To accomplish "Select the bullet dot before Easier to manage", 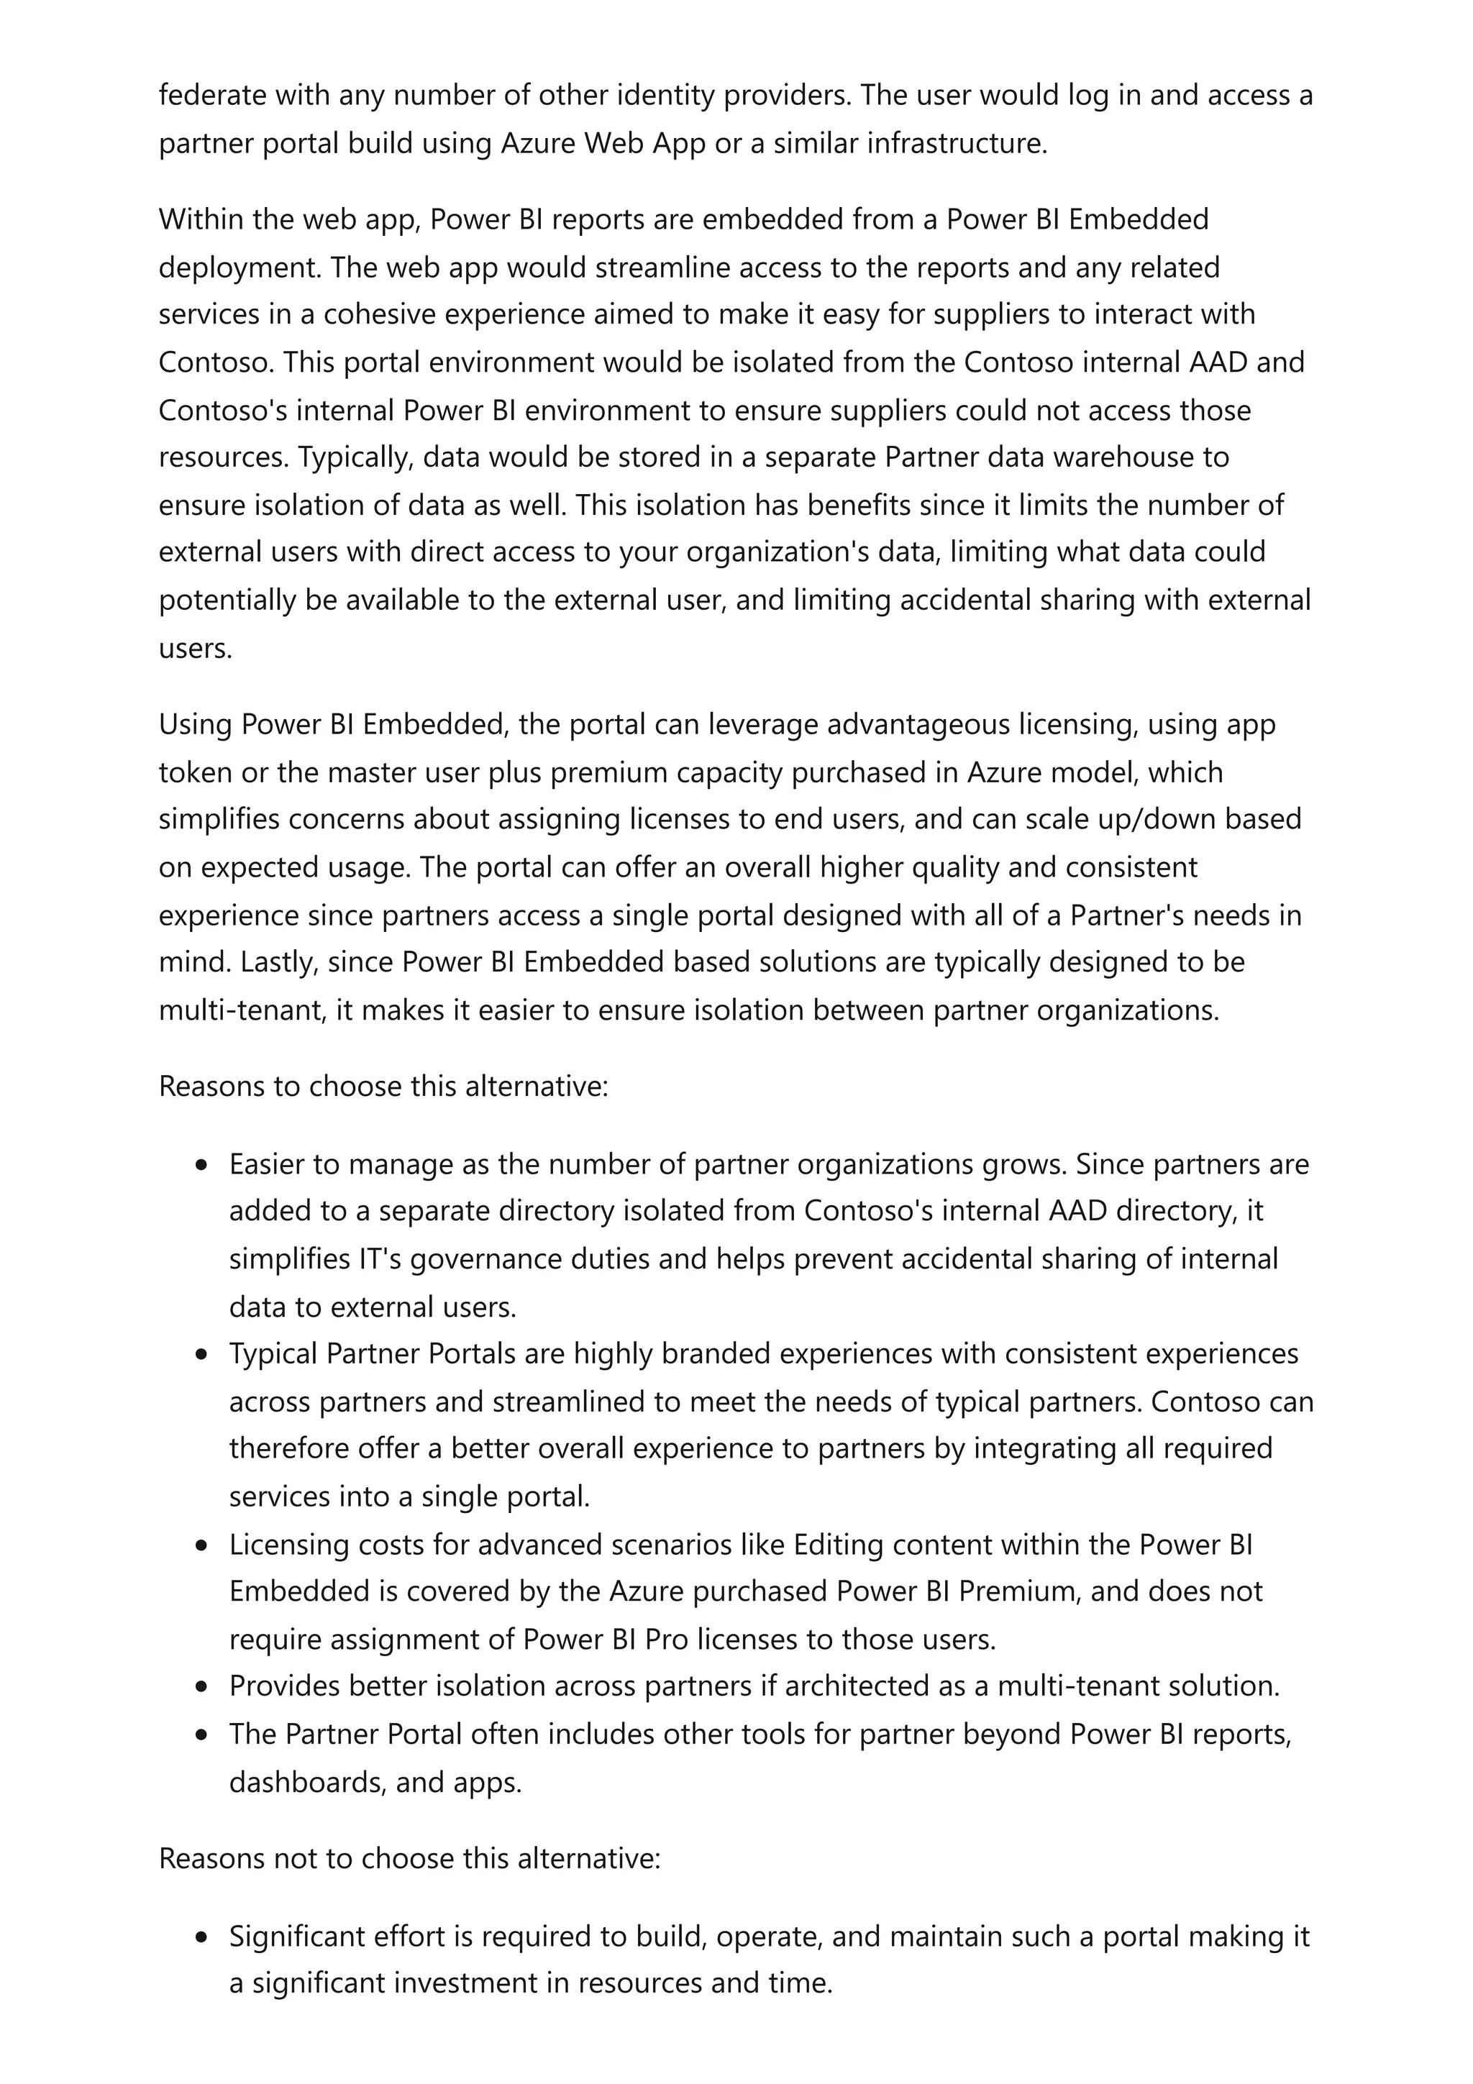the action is click(201, 1166).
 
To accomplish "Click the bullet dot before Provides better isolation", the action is click(201, 1687).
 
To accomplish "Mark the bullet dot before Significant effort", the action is click(201, 1938).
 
